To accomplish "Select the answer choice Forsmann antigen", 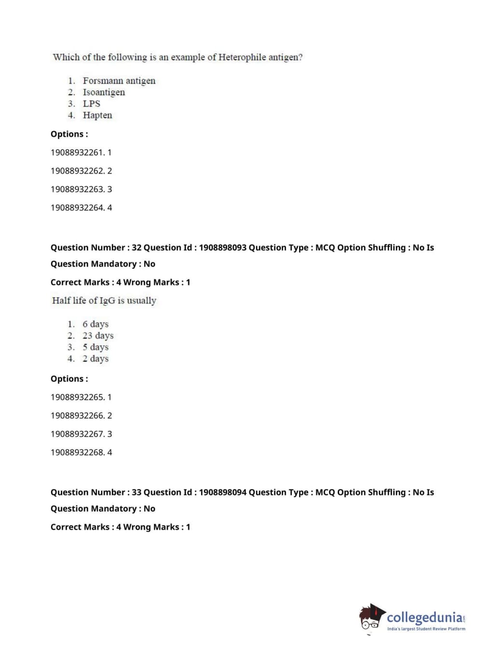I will click(x=119, y=81).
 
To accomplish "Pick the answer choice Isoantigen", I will click(x=104, y=92).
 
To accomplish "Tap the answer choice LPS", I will click(x=91, y=104).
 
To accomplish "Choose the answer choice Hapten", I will click(x=97, y=115).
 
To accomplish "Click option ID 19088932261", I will click(x=78, y=152).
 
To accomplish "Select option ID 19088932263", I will click(x=78, y=189).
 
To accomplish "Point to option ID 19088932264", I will click(x=78, y=207).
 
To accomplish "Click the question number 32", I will click(x=137, y=247).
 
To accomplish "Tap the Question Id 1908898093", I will click(x=222, y=247).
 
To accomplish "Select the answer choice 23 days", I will click(x=98, y=336).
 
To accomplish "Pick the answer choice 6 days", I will click(x=96, y=324).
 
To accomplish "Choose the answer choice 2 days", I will click(x=96, y=359).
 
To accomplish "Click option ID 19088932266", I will click(x=78, y=415).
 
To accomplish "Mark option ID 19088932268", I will click(x=78, y=452).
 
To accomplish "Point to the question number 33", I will click(x=137, y=492).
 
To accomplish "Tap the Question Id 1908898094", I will click(x=222, y=492).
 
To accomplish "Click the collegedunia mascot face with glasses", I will click(x=371, y=618).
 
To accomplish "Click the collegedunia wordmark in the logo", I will click(x=425, y=617).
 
